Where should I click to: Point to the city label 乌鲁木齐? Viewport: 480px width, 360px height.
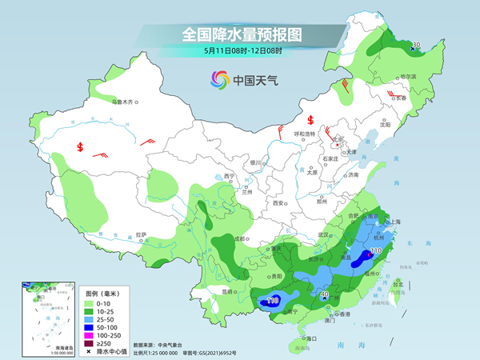click(126, 102)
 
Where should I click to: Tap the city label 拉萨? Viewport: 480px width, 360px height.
click(141, 234)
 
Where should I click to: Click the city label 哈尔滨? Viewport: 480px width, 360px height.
click(409, 76)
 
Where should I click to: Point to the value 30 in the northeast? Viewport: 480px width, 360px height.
click(415, 45)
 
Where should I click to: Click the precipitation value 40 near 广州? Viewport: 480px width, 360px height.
click(324, 294)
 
